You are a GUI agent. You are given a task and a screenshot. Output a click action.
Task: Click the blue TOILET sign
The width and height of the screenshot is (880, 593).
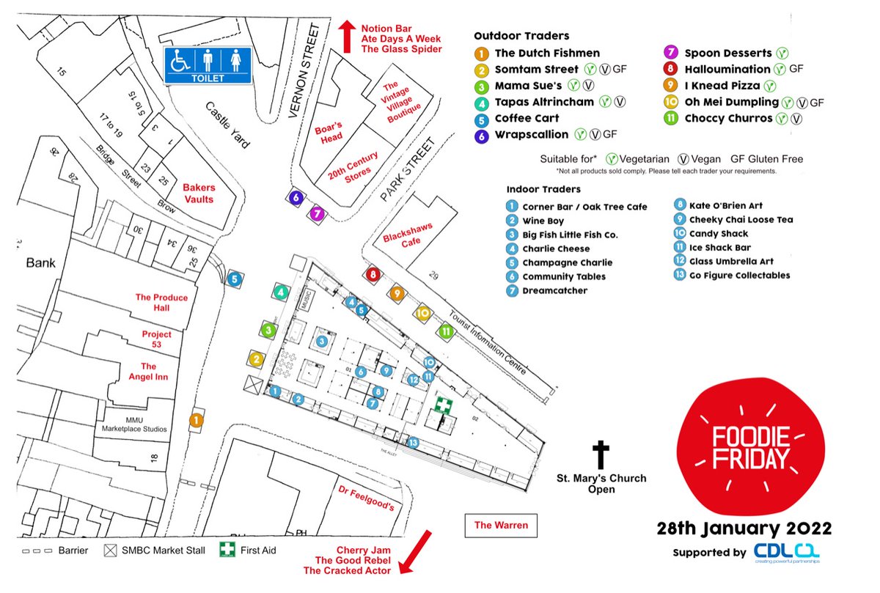pyautogui.click(x=207, y=65)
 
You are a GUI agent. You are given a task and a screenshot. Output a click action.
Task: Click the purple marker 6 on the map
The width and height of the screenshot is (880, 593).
pyautogui.click(x=296, y=197)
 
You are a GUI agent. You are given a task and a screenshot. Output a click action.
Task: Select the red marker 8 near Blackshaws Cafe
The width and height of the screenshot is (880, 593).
pyautogui.click(x=373, y=275)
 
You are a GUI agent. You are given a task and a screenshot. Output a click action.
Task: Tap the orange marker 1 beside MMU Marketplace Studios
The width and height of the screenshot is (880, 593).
pyautogui.click(x=196, y=420)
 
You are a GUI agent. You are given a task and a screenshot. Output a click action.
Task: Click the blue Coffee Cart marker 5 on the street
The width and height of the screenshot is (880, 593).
pyautogui.click(x=233, y=279)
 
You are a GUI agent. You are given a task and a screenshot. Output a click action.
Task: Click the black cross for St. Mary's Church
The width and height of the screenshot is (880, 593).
pyautogui.click(x=601, y=454)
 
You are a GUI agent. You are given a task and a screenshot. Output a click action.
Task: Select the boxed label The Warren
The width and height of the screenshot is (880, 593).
pyautogui.click(x=501, y=525)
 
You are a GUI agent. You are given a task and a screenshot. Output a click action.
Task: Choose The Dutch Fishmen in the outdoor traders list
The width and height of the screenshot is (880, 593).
pyautogui.click(x=547, y=53)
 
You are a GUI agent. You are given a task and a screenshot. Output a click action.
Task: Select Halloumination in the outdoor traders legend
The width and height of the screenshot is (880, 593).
pyautogui.click(x=727, y=69)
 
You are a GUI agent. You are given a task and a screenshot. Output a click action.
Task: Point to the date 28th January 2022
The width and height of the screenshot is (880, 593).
pyautogui.click(x=744, y=528)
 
